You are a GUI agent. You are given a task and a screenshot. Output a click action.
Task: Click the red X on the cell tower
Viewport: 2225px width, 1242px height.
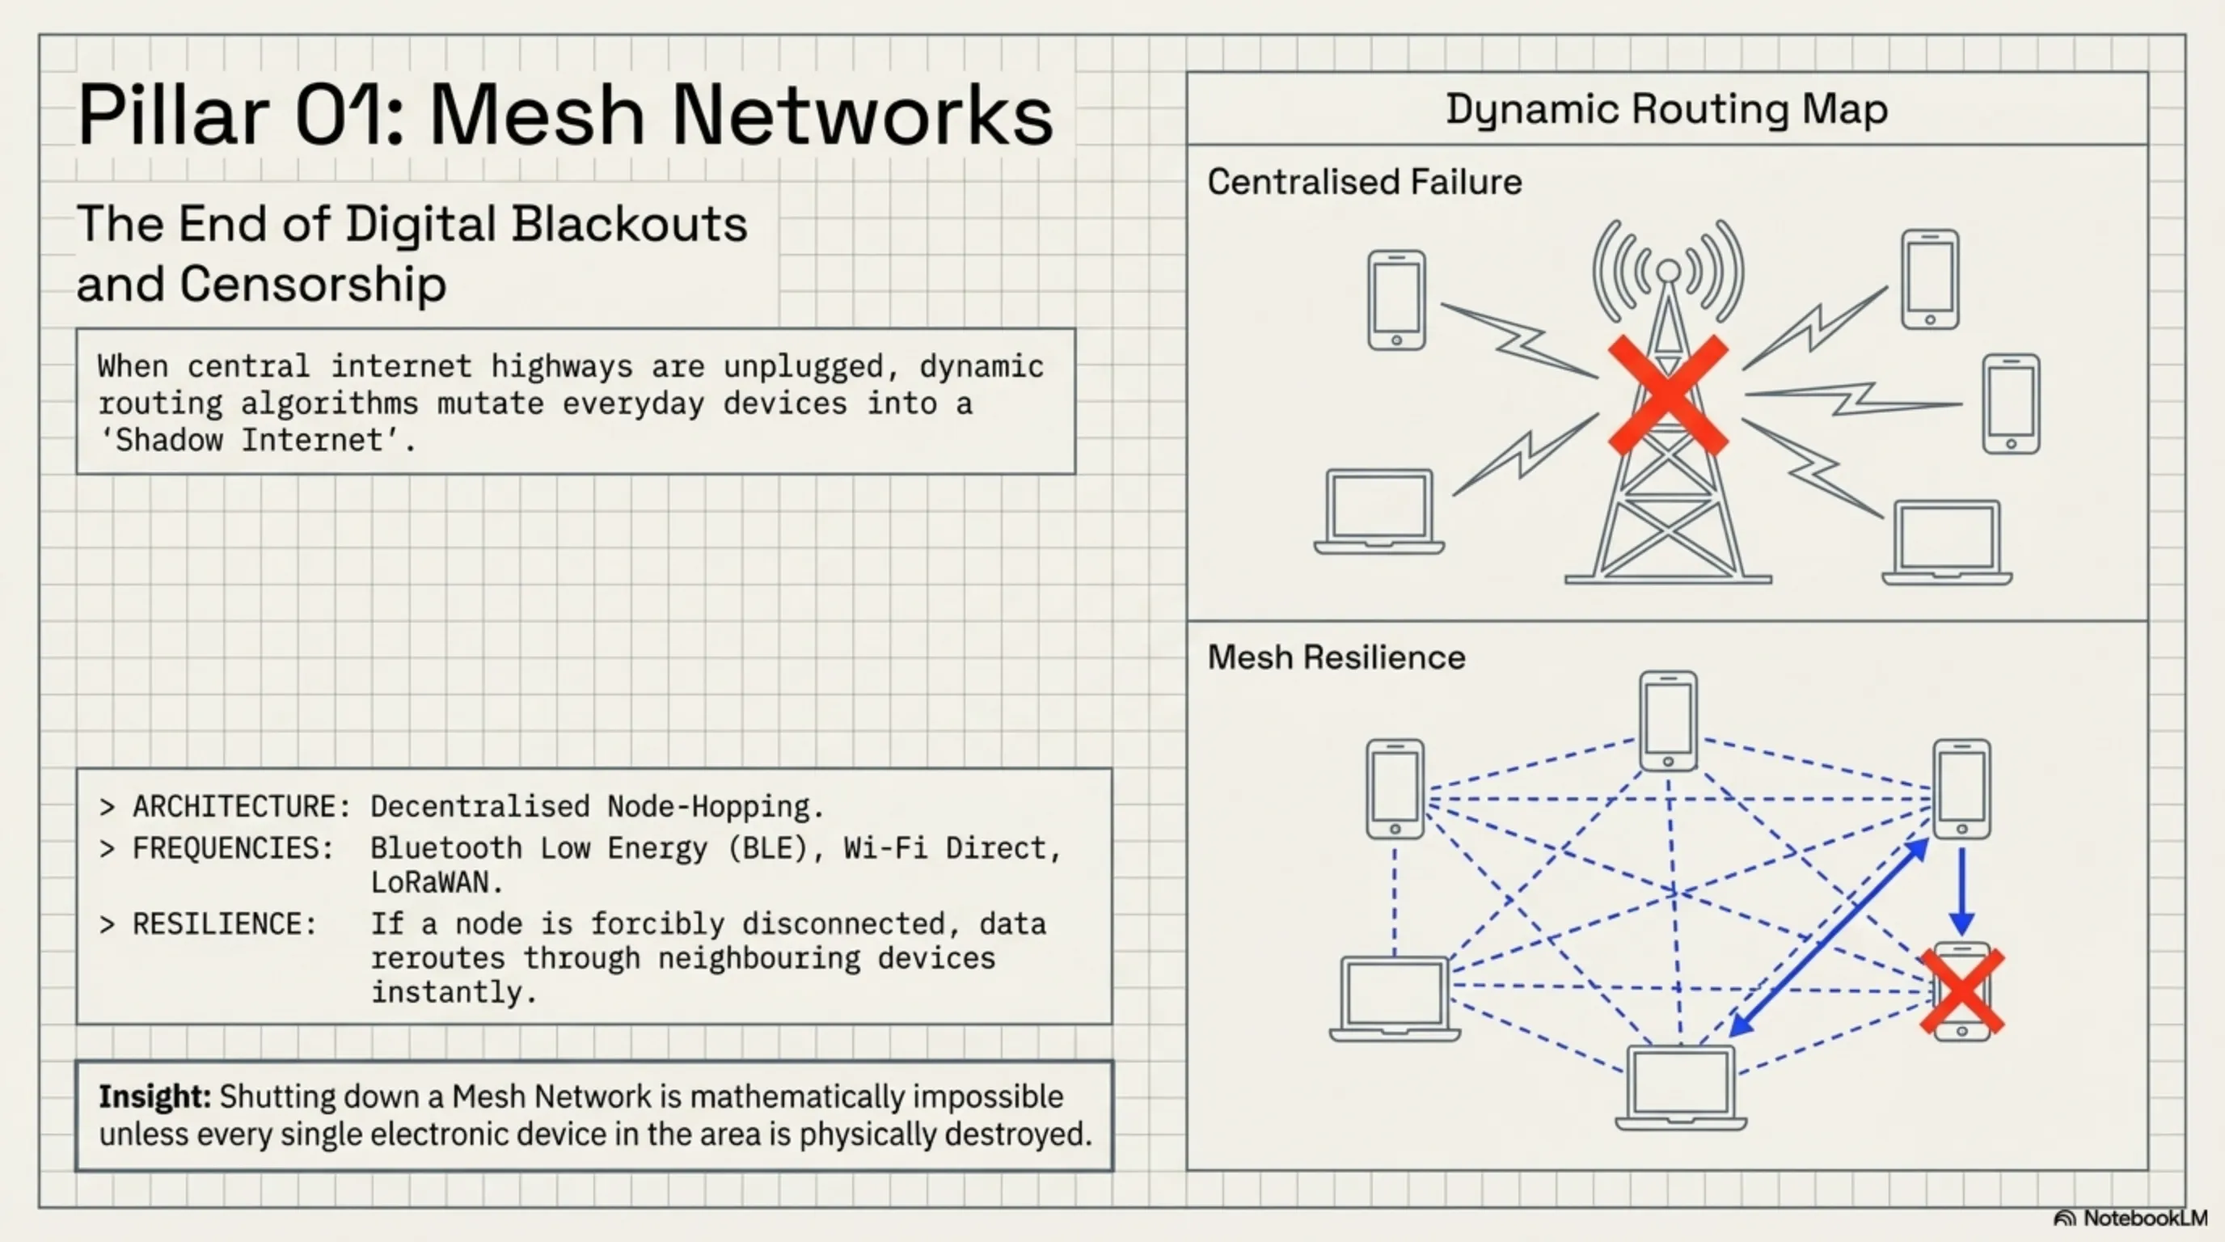pyautogui.click(x=1668, y=395)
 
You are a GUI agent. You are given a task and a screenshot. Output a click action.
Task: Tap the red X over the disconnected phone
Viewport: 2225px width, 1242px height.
pyautogui.click(x=1961, y=991)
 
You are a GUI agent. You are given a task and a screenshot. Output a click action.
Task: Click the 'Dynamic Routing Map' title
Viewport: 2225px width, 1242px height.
pyautogui.click(x=1666, y=110)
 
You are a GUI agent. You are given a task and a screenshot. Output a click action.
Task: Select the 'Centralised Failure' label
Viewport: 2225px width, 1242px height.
pyautogui.click(x=1364, y=182)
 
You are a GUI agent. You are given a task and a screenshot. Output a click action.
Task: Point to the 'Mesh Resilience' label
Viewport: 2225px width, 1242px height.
pyautogui.click(x=1336, y=657)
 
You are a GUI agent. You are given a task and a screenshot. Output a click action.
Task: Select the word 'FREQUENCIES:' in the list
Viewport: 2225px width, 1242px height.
pyautogui.click(x=232, y=848)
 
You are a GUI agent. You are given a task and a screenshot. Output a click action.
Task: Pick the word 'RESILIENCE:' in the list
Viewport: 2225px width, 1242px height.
pyautogui.click(x=224, y=923)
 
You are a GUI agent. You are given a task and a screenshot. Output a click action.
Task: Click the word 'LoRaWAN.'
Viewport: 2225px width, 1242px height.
pyautogui.click(x=437, y=882)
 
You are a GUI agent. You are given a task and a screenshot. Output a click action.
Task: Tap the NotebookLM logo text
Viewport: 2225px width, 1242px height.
pyautogui.click(x=2144, y=1218)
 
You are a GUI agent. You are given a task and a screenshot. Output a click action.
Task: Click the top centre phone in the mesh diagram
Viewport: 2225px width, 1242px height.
pyautogui.click(x=1668, y=720)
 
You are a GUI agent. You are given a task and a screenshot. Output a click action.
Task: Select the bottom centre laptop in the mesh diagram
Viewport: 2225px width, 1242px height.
pyautogui.click(x=1680, y=1086)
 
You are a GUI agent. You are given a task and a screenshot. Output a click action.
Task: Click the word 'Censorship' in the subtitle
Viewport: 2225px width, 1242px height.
pyautogui.click(x=313, y=283)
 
